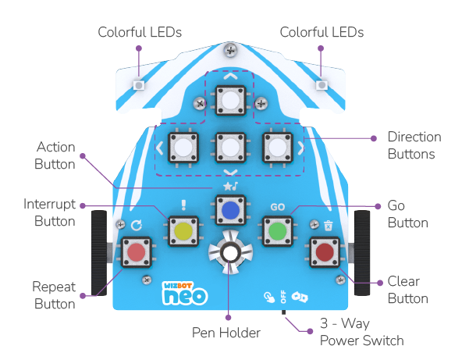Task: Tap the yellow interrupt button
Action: coord(183,231)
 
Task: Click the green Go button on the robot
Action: coord(277,231)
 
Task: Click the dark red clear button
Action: coord(325,251)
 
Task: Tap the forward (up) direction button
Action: coord(230,102)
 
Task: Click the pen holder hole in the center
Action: coord(230,252)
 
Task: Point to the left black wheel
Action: coord(98,252)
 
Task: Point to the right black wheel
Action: coord(363,252)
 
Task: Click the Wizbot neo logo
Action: coord(182,291)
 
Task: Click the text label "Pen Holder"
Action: coord(226,333)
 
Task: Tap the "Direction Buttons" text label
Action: coord(414,145)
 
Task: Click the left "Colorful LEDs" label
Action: coord(140,32)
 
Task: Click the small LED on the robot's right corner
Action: coord(321,84)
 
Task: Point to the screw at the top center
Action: coord(230,51)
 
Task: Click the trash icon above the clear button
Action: coord(329,225)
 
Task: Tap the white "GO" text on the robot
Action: coord(277,208)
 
